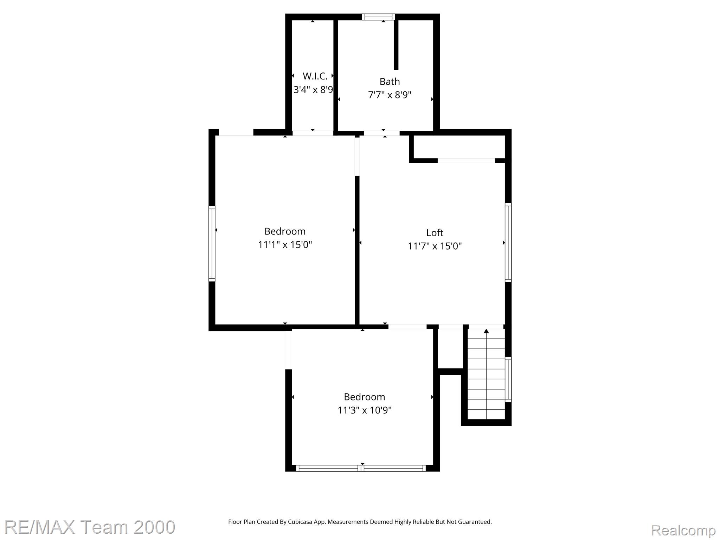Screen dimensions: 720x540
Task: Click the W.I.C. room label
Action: [315, 76]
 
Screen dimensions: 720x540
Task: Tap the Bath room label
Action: [390, 82]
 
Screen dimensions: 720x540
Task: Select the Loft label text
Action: [435, 233]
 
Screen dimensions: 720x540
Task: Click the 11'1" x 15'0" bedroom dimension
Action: [285, 244]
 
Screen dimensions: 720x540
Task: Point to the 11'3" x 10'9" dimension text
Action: [365, 410]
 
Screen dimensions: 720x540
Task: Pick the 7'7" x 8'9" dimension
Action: [390, 95]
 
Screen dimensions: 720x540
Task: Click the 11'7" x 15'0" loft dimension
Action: [435, 246]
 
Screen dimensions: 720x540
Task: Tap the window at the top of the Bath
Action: [378, 17]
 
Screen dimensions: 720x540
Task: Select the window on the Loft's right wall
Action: [508, 243]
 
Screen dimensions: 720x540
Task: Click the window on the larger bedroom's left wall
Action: [212, 244]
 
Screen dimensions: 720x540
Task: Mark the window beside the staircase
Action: [508, 379]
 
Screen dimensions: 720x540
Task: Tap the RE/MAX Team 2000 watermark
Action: [90, 527]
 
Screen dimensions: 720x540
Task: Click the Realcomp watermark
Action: [683, 530]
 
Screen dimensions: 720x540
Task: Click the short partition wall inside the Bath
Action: [396, 45]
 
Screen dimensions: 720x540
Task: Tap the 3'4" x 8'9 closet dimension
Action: [313, 90]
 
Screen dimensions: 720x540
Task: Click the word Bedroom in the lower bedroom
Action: [365, 397]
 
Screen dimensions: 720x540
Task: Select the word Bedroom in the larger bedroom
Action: [285, 231]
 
